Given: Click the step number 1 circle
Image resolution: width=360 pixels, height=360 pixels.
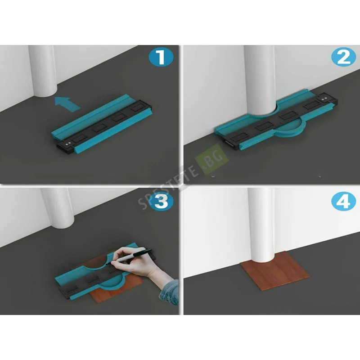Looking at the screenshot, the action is (x=161, y=57).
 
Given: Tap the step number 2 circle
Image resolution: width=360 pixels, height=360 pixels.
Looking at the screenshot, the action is (x=344, y=57).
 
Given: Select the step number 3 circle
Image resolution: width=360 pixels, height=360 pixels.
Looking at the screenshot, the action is (x=161, y=202).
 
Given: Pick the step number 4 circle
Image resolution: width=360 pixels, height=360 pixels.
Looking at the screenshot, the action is (x=344, y=201).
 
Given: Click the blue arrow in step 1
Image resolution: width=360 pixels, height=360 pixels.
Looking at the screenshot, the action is (x=67, y=104).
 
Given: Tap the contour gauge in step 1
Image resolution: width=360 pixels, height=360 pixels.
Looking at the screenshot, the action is (x=102, y=124).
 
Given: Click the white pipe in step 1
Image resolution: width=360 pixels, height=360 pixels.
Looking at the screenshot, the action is (x=43, y=71).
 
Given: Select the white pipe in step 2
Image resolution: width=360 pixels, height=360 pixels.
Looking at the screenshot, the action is (x=260, y=79).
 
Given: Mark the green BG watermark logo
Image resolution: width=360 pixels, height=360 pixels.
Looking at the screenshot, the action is (x=211, y=159).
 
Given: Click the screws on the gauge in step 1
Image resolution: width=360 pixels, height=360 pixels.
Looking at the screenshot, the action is (x=68, y=144).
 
